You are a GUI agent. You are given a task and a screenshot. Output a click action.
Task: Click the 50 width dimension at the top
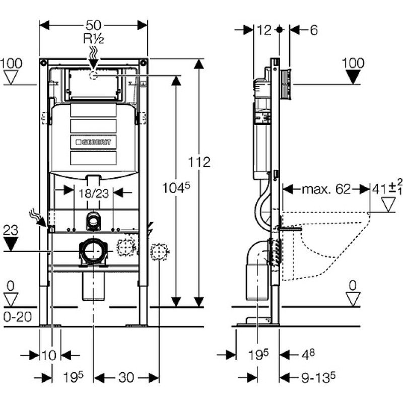point(93,25)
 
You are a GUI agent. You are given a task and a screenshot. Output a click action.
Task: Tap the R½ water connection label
point(94,39)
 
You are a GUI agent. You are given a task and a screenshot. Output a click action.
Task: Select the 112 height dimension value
point(199,162)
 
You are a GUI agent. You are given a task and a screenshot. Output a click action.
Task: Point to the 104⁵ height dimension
point(176,187)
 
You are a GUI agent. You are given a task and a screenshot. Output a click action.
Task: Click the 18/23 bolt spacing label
point(94,193)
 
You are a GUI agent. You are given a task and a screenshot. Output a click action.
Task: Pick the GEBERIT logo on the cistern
point(93,142)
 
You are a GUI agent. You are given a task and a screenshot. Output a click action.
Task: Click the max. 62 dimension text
point(326,189)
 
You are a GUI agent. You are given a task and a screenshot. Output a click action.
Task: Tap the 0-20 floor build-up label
point(18,317)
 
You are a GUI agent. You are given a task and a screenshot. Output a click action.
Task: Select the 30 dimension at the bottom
point(126,378)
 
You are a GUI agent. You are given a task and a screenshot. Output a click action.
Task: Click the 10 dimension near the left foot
point(49,356)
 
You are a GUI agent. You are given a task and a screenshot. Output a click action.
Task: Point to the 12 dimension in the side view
point(264,30)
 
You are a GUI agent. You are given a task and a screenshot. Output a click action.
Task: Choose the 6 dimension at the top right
point(314,30)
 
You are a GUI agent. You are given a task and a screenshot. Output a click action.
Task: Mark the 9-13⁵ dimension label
point(318,377)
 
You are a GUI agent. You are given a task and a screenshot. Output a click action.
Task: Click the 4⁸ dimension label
point(308,355)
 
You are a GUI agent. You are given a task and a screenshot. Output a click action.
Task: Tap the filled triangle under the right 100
point(353,77)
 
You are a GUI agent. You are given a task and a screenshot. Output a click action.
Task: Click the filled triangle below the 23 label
point(11,244)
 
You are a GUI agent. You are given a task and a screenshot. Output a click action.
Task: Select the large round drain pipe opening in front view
point(93,251)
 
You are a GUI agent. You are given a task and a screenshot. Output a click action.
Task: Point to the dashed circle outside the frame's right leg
point(159,252)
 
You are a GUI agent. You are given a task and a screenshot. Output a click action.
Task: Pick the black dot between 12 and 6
point(280,30)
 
